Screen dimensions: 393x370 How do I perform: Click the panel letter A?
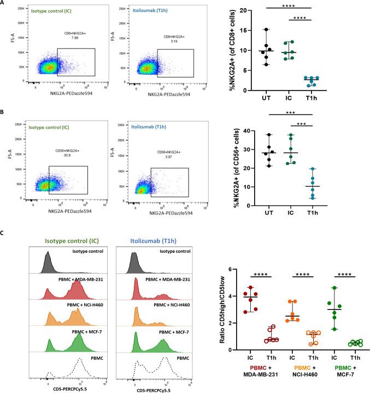(4, 4)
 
